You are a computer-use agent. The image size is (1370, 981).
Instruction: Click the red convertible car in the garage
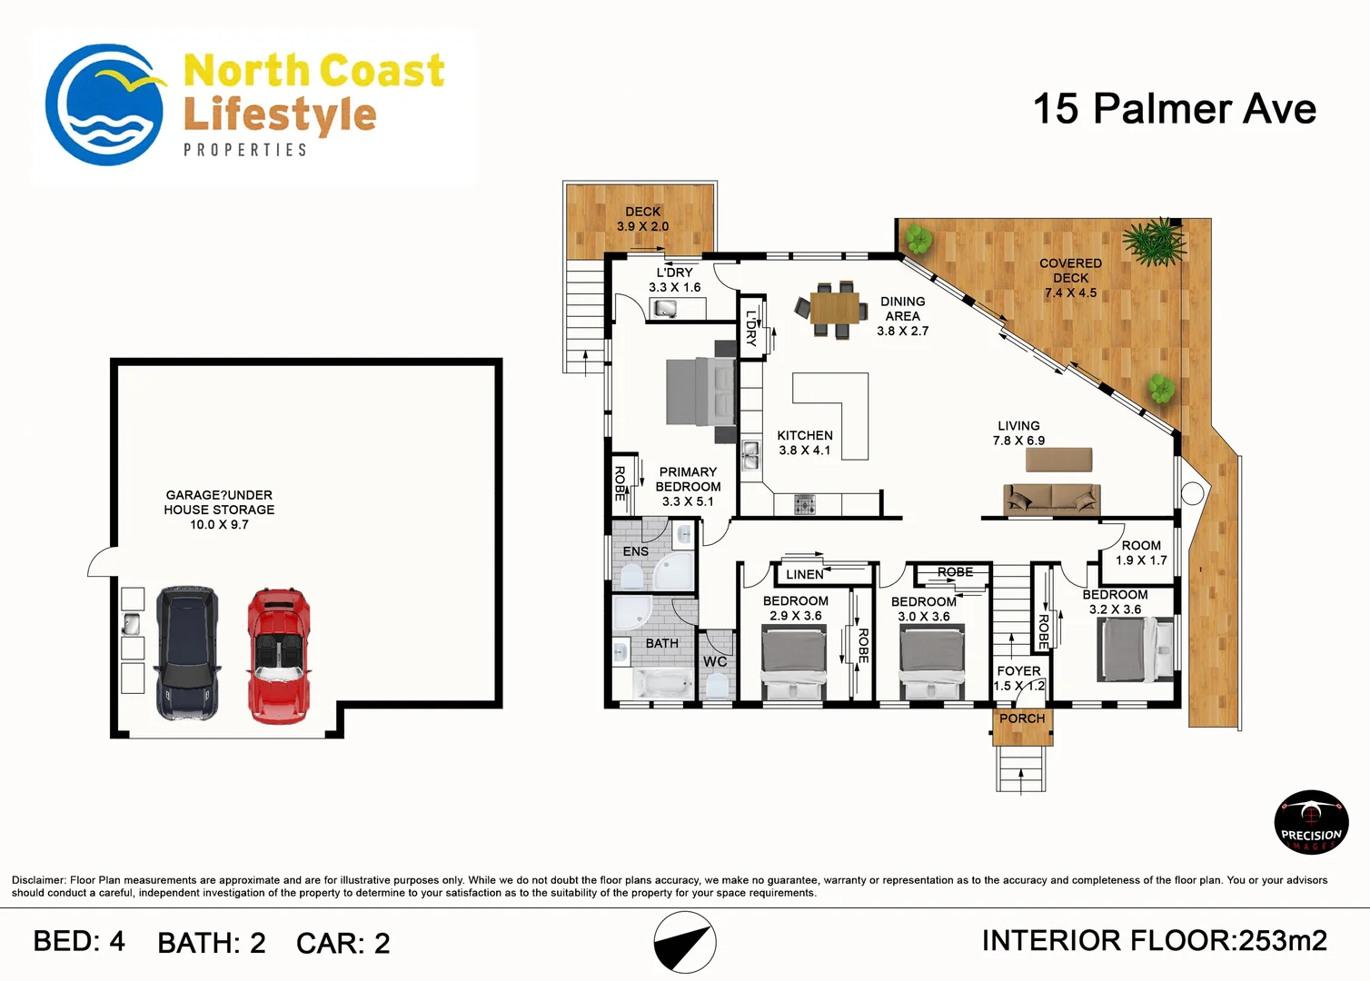279,656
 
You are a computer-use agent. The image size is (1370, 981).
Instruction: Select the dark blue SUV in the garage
186,653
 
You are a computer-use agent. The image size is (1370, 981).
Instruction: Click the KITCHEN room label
805,435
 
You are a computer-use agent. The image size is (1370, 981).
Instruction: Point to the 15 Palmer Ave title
1175,109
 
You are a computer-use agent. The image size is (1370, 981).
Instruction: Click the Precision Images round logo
1311,822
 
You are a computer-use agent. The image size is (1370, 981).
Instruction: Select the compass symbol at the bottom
685,943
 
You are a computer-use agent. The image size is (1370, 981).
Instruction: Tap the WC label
715,662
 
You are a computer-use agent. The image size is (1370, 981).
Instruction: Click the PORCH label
1022,718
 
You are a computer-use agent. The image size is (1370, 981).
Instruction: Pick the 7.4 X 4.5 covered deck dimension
1070,293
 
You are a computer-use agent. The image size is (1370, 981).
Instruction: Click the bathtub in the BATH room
663,682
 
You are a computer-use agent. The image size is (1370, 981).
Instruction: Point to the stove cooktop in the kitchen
805,504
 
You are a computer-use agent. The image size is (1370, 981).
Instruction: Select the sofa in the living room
1052,500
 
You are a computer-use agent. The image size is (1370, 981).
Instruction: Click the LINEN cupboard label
805,574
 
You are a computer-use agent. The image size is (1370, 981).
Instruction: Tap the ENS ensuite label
635,551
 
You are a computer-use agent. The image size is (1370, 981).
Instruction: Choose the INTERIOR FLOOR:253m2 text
1155,941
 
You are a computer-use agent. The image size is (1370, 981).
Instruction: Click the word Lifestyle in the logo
280,116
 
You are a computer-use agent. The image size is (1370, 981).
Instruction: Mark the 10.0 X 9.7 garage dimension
219,525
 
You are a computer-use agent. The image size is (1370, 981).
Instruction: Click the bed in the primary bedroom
701,391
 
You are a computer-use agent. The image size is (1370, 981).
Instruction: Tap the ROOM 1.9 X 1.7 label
1141,553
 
